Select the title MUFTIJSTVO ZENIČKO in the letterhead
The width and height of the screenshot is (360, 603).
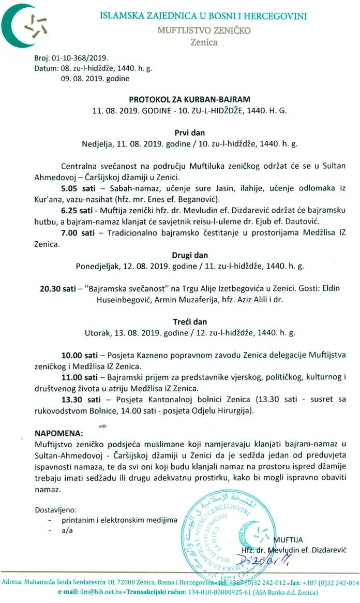pos(204,30)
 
